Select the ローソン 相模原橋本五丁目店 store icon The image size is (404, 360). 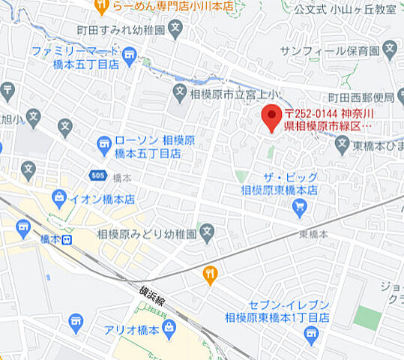click(x=104, y=142)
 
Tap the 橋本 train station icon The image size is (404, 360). click(x=67, y=240)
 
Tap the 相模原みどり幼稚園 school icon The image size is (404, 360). click(x=208, y=232)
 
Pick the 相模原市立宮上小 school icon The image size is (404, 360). click(x=179, y=93)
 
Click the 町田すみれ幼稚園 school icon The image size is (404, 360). click(x=175, y=30)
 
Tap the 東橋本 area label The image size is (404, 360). click(x=313, y=235)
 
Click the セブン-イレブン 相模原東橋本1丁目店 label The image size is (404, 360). click(x=277, y=311)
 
